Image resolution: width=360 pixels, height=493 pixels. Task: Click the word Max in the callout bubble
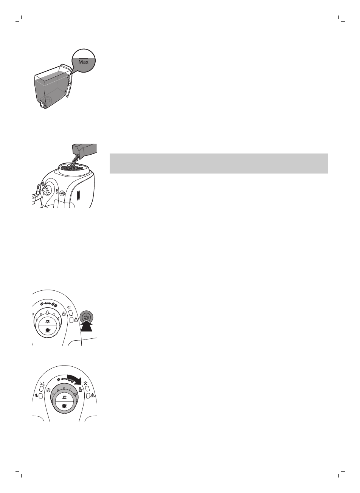83,62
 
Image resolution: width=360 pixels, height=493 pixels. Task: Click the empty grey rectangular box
218,163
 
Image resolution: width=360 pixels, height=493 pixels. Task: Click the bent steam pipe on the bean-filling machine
37,191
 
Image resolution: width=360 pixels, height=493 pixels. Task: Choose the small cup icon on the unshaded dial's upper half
47,321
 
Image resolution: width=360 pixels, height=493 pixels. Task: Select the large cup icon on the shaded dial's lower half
65,406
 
